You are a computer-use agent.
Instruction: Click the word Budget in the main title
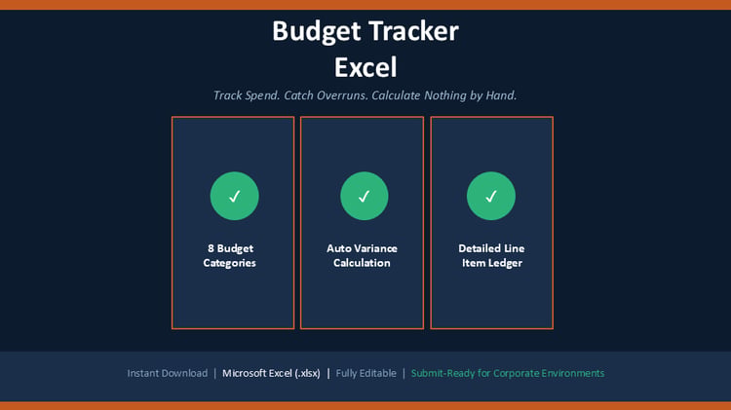316,32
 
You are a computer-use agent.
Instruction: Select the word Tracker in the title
414,31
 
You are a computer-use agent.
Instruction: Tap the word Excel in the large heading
365,67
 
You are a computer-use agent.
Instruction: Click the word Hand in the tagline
502,95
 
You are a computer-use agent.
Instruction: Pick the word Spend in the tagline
262,95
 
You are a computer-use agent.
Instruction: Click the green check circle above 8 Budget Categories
235,196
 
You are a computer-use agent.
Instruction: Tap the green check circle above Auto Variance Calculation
365,196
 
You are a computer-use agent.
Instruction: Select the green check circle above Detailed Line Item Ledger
491,196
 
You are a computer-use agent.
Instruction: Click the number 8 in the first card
211,248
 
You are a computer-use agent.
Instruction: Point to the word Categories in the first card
229,263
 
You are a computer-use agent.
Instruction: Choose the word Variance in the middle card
375,248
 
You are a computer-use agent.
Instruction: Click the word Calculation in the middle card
362,263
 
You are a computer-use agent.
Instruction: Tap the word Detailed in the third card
478,248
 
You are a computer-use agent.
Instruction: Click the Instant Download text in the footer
168,373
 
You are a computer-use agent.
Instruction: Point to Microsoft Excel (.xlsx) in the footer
271,373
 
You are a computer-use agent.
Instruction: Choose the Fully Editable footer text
365,373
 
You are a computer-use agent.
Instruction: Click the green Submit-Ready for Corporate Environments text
508,373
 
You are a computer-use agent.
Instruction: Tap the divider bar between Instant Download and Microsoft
215,373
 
